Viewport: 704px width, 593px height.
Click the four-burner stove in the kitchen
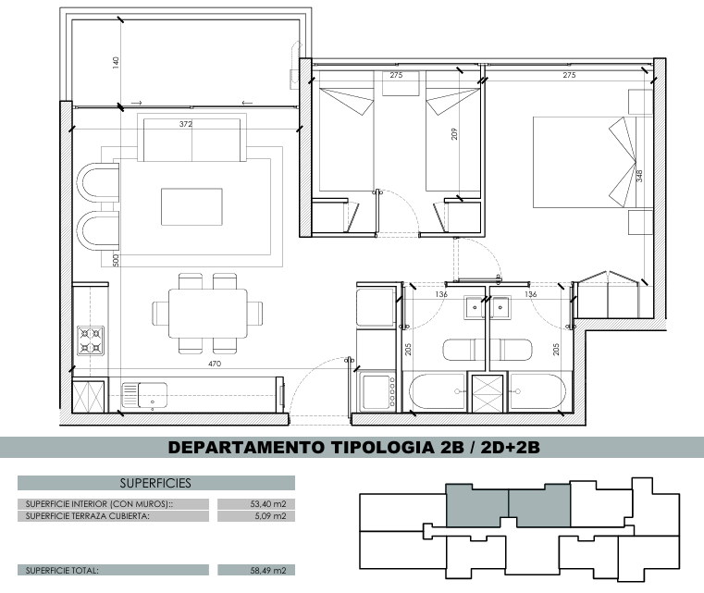(91, 340)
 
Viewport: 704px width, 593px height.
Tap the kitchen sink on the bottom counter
(144, 395)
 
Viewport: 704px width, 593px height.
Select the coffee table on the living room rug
(191, 207)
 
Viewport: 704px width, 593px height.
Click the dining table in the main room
(207, 314)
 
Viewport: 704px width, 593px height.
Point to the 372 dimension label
(186, 124)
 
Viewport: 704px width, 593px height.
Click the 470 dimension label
(215, 364)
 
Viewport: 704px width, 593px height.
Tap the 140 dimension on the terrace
(116, 62)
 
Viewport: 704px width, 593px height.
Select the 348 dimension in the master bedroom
(639, 176)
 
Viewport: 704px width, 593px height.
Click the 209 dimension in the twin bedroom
(454, 134)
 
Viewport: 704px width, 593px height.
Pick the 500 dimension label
(116, 260)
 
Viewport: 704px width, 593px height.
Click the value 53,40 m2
(268, 504)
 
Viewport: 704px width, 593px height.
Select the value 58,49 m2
(268, 571)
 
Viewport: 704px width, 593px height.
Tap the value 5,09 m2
(270, 516)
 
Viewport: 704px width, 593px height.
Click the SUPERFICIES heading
(155, 483)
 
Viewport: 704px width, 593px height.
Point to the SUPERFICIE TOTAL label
(62, 571)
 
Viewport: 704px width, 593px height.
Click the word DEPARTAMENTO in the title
(245, 448)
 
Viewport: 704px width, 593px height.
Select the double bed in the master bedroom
(585, 163)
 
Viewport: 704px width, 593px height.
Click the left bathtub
(438, 391)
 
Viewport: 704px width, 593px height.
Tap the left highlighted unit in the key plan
(477, 505)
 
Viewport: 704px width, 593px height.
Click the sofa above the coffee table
(191, 137)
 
